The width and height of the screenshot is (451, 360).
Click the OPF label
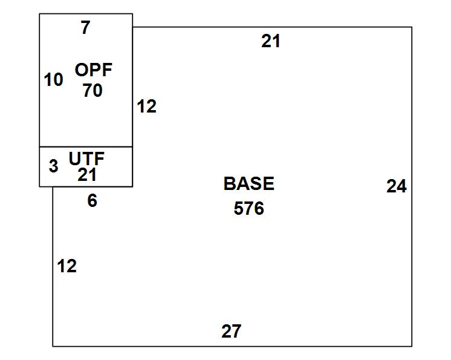pos(94,70)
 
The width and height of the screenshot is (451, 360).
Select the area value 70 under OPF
pos(92,90)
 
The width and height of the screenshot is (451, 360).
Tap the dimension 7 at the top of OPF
pos(85,27)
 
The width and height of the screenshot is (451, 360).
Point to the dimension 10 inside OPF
pos(53,79)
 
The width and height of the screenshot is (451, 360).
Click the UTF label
pos(86,159)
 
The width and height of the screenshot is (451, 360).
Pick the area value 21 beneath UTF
pos(87,174)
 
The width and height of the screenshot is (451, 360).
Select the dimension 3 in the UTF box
pos(53,166)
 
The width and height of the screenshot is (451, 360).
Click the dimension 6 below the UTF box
pos(92,200)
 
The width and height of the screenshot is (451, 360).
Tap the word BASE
pos(249,183)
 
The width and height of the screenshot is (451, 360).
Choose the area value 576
pos(249,208)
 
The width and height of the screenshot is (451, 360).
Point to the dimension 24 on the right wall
pos(397,186)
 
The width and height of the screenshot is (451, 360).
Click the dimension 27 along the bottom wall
pos(232,331)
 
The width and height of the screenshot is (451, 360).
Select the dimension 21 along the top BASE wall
pos(271,41)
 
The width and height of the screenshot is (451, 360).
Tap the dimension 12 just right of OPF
pos(147,106)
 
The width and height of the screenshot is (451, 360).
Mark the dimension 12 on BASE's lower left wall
pos(67,266)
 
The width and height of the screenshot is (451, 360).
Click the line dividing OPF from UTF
pos(86,147)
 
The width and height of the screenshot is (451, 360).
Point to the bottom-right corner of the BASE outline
pos(412,346)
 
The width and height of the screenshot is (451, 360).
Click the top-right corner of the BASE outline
pos(412,27)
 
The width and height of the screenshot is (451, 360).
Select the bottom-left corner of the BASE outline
pos(53,346)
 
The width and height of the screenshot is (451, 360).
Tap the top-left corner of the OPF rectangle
pos(39,13)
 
